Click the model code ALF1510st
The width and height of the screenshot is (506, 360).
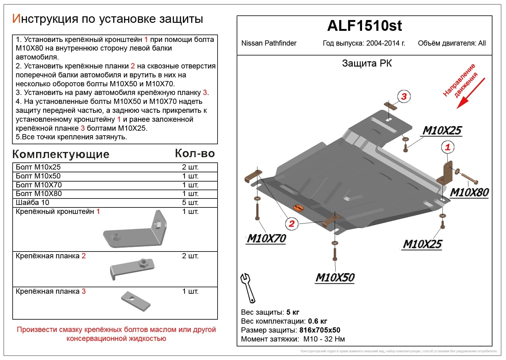(x=364, y=26)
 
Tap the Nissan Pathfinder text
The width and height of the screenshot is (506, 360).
(x=269, y=43)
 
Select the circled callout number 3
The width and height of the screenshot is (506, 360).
(x=404, y=96)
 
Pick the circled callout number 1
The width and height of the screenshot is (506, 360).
(x=447, y=147)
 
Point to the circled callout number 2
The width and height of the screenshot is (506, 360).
(x=292, y=223)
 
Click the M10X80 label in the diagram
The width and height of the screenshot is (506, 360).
(x=469, y=192)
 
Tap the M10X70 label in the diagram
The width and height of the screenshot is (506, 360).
(x=267, y=238)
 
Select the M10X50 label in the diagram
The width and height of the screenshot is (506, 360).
(x=335, y=277)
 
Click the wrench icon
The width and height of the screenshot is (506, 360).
(x=248, y=288)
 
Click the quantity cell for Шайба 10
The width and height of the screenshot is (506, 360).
(x=190, y=202)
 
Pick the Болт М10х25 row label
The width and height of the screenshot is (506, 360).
(x=38, y=167)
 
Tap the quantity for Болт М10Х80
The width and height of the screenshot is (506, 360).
(x=190, y=194)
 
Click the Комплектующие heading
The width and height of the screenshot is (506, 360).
(x=61, y=154)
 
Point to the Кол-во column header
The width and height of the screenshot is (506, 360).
(x=195, y=153)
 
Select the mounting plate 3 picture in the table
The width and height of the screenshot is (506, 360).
(x=136, y=301)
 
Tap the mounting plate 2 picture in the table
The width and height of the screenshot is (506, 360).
(x=132, y=268)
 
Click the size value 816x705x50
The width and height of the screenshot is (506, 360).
(x=320, y=330)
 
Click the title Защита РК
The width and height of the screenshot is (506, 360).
(x=367, y=63)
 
